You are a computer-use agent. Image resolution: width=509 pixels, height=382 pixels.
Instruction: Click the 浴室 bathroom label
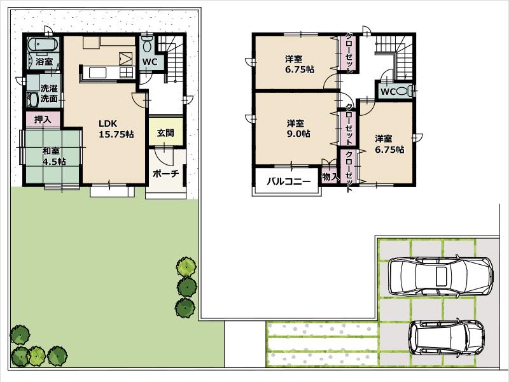tap(44, 62)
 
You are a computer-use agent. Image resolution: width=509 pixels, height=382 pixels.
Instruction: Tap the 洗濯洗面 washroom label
tap(49, 94)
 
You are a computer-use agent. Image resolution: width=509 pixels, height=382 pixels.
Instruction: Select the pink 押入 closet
tap(43, 120)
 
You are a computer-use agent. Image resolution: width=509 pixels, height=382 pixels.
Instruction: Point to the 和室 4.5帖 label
tap(54, 156)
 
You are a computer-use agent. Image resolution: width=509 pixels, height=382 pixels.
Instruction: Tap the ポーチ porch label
tap(165, 173)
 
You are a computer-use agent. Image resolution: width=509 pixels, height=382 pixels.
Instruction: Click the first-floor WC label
tap(150, 62)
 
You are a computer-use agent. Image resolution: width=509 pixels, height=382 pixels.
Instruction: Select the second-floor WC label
tap(388, 92)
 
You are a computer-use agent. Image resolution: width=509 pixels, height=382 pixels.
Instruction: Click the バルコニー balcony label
tap(288, 181)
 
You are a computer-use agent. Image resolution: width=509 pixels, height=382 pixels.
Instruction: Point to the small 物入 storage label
tap(330, 176)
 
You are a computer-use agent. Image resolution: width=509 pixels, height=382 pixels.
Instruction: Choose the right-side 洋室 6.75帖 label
tap(389, 145)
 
